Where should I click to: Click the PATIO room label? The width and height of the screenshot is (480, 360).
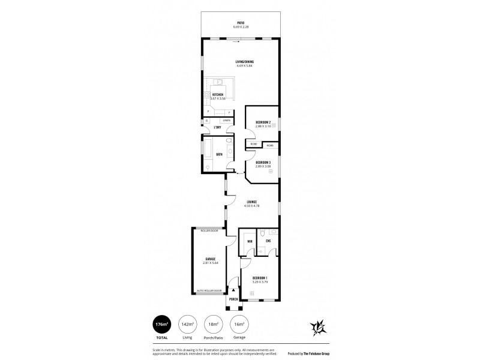coord(240,22)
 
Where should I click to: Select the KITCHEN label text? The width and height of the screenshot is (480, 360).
coord(217,95)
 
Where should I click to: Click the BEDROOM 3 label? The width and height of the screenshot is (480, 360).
coord(263,163)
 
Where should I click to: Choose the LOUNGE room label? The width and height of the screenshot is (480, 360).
coord(252,202)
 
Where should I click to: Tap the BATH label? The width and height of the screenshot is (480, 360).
coord(220,154)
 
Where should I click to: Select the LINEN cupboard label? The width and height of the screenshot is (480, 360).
coord(227,121)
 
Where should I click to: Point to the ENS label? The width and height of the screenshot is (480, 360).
coord(269,241)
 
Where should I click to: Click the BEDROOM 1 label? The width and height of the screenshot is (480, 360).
coord(260,278)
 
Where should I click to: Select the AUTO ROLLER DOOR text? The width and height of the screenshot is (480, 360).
coord(209,290)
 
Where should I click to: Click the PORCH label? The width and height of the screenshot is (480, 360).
coord(234,299)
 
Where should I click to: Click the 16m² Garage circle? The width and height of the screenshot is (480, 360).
coord(239,324)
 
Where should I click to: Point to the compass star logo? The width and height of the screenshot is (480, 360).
coord(317,328)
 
